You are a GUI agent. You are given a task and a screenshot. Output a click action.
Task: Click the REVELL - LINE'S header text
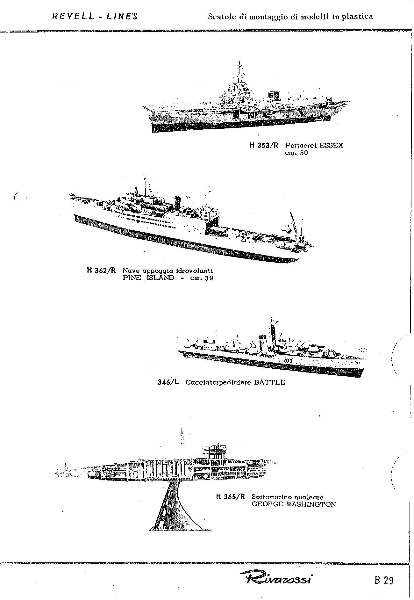point(95,17)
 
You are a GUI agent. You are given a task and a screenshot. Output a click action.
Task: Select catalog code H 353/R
point(264,146)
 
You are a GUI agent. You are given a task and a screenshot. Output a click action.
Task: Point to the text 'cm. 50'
point(296,153)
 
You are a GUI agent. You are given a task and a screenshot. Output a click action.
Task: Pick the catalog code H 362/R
point(101,271)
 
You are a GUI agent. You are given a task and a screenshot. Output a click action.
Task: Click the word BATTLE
point(270,382)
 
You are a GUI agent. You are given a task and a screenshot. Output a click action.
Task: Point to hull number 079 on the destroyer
point(288,361)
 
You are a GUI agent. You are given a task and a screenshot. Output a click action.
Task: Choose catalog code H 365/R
point(231,497)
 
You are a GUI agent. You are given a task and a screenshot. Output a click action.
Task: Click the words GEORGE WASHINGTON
point(294,504)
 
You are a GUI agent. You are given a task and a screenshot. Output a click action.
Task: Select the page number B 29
point(384,580)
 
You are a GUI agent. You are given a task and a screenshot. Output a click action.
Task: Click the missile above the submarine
point(182,436)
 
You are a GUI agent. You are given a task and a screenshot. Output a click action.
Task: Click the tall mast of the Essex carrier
point(239,75)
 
